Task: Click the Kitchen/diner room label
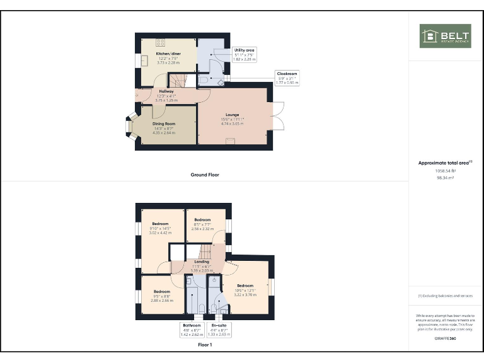pos(168,54)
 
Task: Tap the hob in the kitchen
pos(160,43)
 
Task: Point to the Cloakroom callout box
pos(287,78)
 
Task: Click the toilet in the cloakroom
pos(204,81)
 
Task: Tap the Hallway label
pos(166,91)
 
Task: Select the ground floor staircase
pos(178,80)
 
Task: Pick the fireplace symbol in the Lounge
pos(229,142)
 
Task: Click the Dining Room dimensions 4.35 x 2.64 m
pos(163,133)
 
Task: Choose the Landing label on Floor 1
pos(202,262)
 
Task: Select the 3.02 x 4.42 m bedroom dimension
pos(161,233)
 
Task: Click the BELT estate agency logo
pos(445,36)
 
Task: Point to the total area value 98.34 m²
pos(445,178)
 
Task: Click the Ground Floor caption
pos(204,175)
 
